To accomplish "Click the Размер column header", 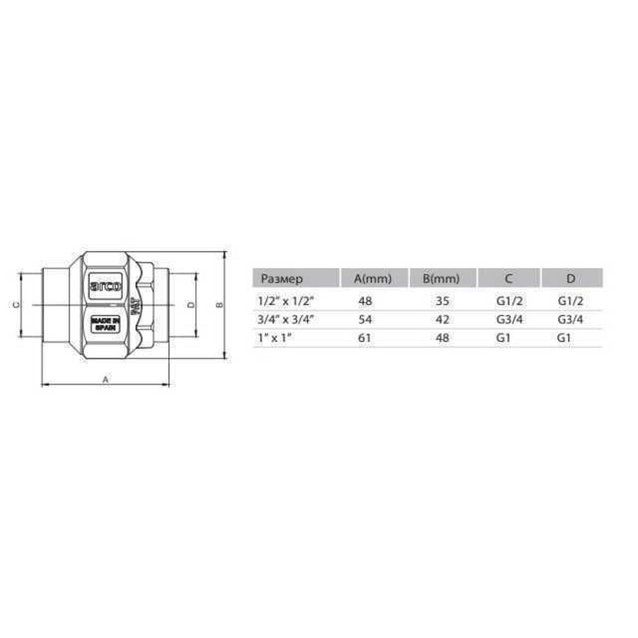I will [282, 279].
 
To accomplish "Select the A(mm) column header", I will [373, 279].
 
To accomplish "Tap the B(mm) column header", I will [441, 279].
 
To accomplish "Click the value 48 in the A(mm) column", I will [365, 301].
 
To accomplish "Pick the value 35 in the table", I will [442, 301].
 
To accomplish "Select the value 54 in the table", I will [365, 319].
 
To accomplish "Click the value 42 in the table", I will [442, 319].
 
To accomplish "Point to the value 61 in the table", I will [364, 338].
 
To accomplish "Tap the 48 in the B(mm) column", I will [442, 338].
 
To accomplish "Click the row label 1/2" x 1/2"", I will [286, 301].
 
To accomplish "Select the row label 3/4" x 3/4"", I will [286, 319].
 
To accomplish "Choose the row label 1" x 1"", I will [274, 338].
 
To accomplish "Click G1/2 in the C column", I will [509, 301].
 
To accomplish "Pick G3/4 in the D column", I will [570, 319].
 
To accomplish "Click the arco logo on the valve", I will [105, 286].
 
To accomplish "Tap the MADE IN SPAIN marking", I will [105, 324].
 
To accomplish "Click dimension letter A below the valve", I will [106, 379].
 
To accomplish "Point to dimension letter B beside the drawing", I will [220, 304].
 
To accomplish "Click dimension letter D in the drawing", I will [191, 304].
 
